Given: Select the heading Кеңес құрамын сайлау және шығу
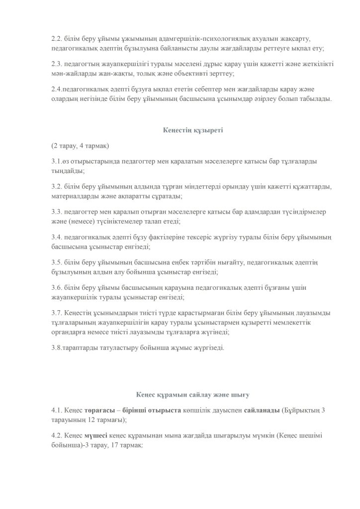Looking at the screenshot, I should coord(193,395).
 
